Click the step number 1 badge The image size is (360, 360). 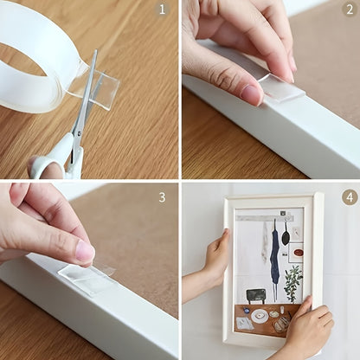point(161,10)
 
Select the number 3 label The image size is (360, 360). point(161,196)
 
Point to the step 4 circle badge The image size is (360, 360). point(350,197)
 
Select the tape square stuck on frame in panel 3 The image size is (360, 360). point(87,278)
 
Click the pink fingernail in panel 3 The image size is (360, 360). point(84,251)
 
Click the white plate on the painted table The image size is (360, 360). point(260,316)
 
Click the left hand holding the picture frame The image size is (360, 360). point(214,260)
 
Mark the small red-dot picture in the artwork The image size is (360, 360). point(297,254)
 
